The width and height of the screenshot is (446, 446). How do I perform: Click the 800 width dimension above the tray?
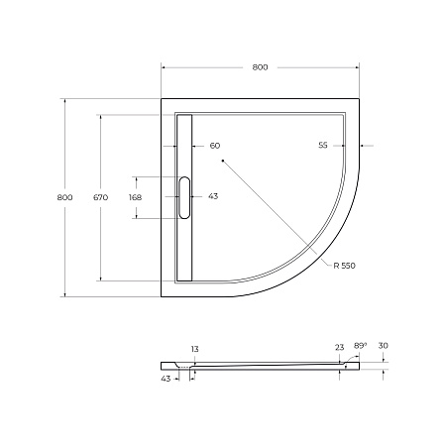click(x=260, y=67)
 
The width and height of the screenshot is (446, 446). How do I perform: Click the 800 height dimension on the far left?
click(x=65, y=197)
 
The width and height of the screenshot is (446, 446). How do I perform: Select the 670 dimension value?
click(x=100, y=197)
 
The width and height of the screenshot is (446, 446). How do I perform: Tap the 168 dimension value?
click(x=135, y=197)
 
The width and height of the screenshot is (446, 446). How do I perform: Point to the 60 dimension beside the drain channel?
click(x=214, y=146)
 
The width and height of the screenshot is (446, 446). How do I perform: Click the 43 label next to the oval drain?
click(x=212, y=197)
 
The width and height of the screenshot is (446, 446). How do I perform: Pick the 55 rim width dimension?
click(x=323, y=146)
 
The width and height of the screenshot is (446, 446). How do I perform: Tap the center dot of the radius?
click(x=223, y=160)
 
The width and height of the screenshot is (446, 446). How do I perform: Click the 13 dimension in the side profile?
click(x=194, y=349)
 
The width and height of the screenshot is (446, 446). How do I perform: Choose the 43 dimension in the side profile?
click(x=166, y=378)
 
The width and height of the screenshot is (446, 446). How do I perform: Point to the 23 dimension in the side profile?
click(x=339, y=348)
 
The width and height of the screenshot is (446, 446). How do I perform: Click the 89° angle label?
click(x=361, y=346)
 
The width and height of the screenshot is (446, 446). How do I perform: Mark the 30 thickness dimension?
click(x=383, y=346)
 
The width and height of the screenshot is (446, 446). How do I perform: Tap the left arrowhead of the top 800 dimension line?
click(x=164, y=67)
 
